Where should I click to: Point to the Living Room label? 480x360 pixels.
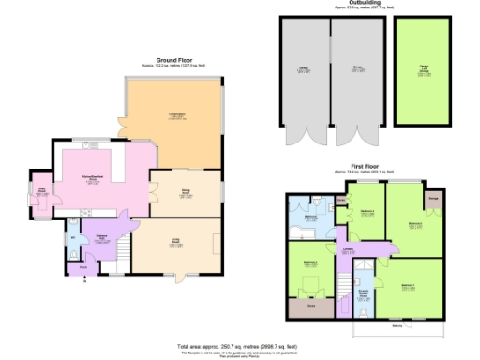176,245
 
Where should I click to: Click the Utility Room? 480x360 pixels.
42,193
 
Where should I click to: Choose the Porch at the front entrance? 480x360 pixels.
83,267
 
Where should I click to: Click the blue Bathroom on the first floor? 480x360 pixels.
309,217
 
